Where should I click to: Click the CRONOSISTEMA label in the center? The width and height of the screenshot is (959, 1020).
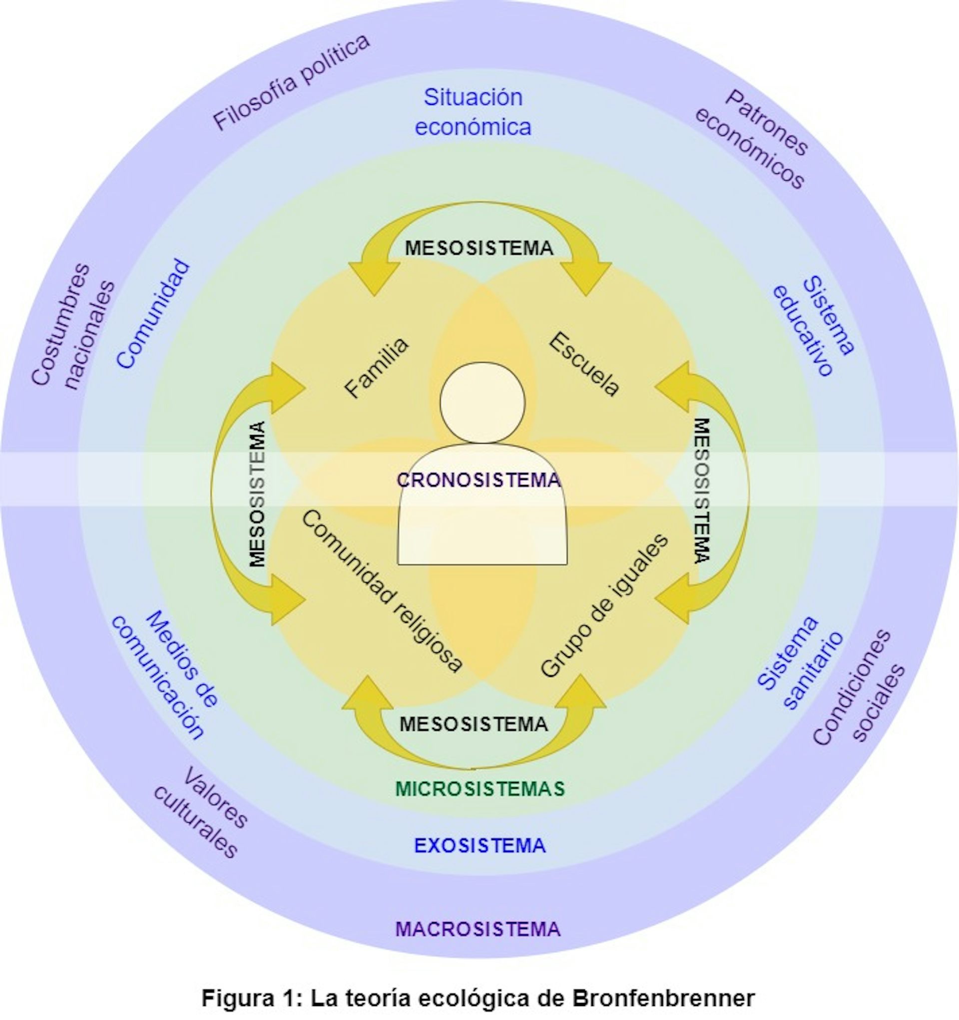tap(479, 480)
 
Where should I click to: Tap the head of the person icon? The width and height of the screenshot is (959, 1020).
tap(482, 402)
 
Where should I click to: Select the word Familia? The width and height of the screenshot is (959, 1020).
tap(377, 367)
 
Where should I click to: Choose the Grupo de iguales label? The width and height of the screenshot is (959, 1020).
tap(605, 605)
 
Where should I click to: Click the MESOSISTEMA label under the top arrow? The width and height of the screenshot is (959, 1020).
tap(479, 248)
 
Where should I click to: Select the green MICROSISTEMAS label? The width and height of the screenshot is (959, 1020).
tap(480, 789)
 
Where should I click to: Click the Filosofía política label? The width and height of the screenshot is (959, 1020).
tap(291, 82)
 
